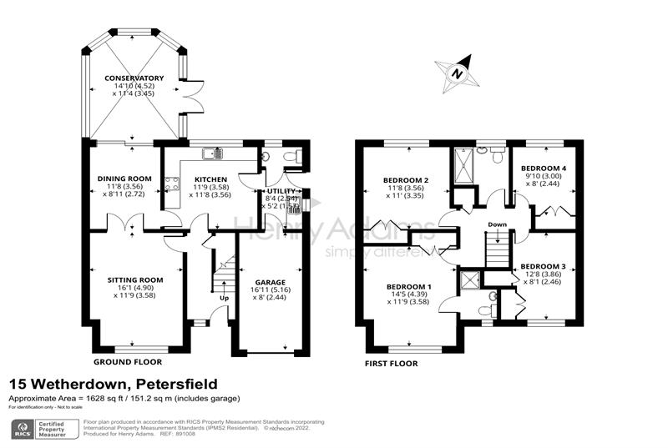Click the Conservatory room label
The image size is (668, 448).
(134, 78)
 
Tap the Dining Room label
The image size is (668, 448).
(124, 178)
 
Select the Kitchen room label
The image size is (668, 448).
(205, 179)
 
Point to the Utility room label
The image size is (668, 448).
(276, 191)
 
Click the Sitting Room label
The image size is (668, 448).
(134, 279)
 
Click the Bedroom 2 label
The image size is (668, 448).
(406, 180)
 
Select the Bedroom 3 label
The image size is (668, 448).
(543, 267)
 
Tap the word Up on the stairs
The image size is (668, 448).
(224, 298)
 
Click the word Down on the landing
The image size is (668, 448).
(497, 224)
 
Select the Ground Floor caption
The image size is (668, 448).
(129, 362)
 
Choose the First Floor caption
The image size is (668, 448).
(392, 364)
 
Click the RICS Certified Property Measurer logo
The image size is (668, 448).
(42, 430)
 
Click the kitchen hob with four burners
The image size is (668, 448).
(172, 183)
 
